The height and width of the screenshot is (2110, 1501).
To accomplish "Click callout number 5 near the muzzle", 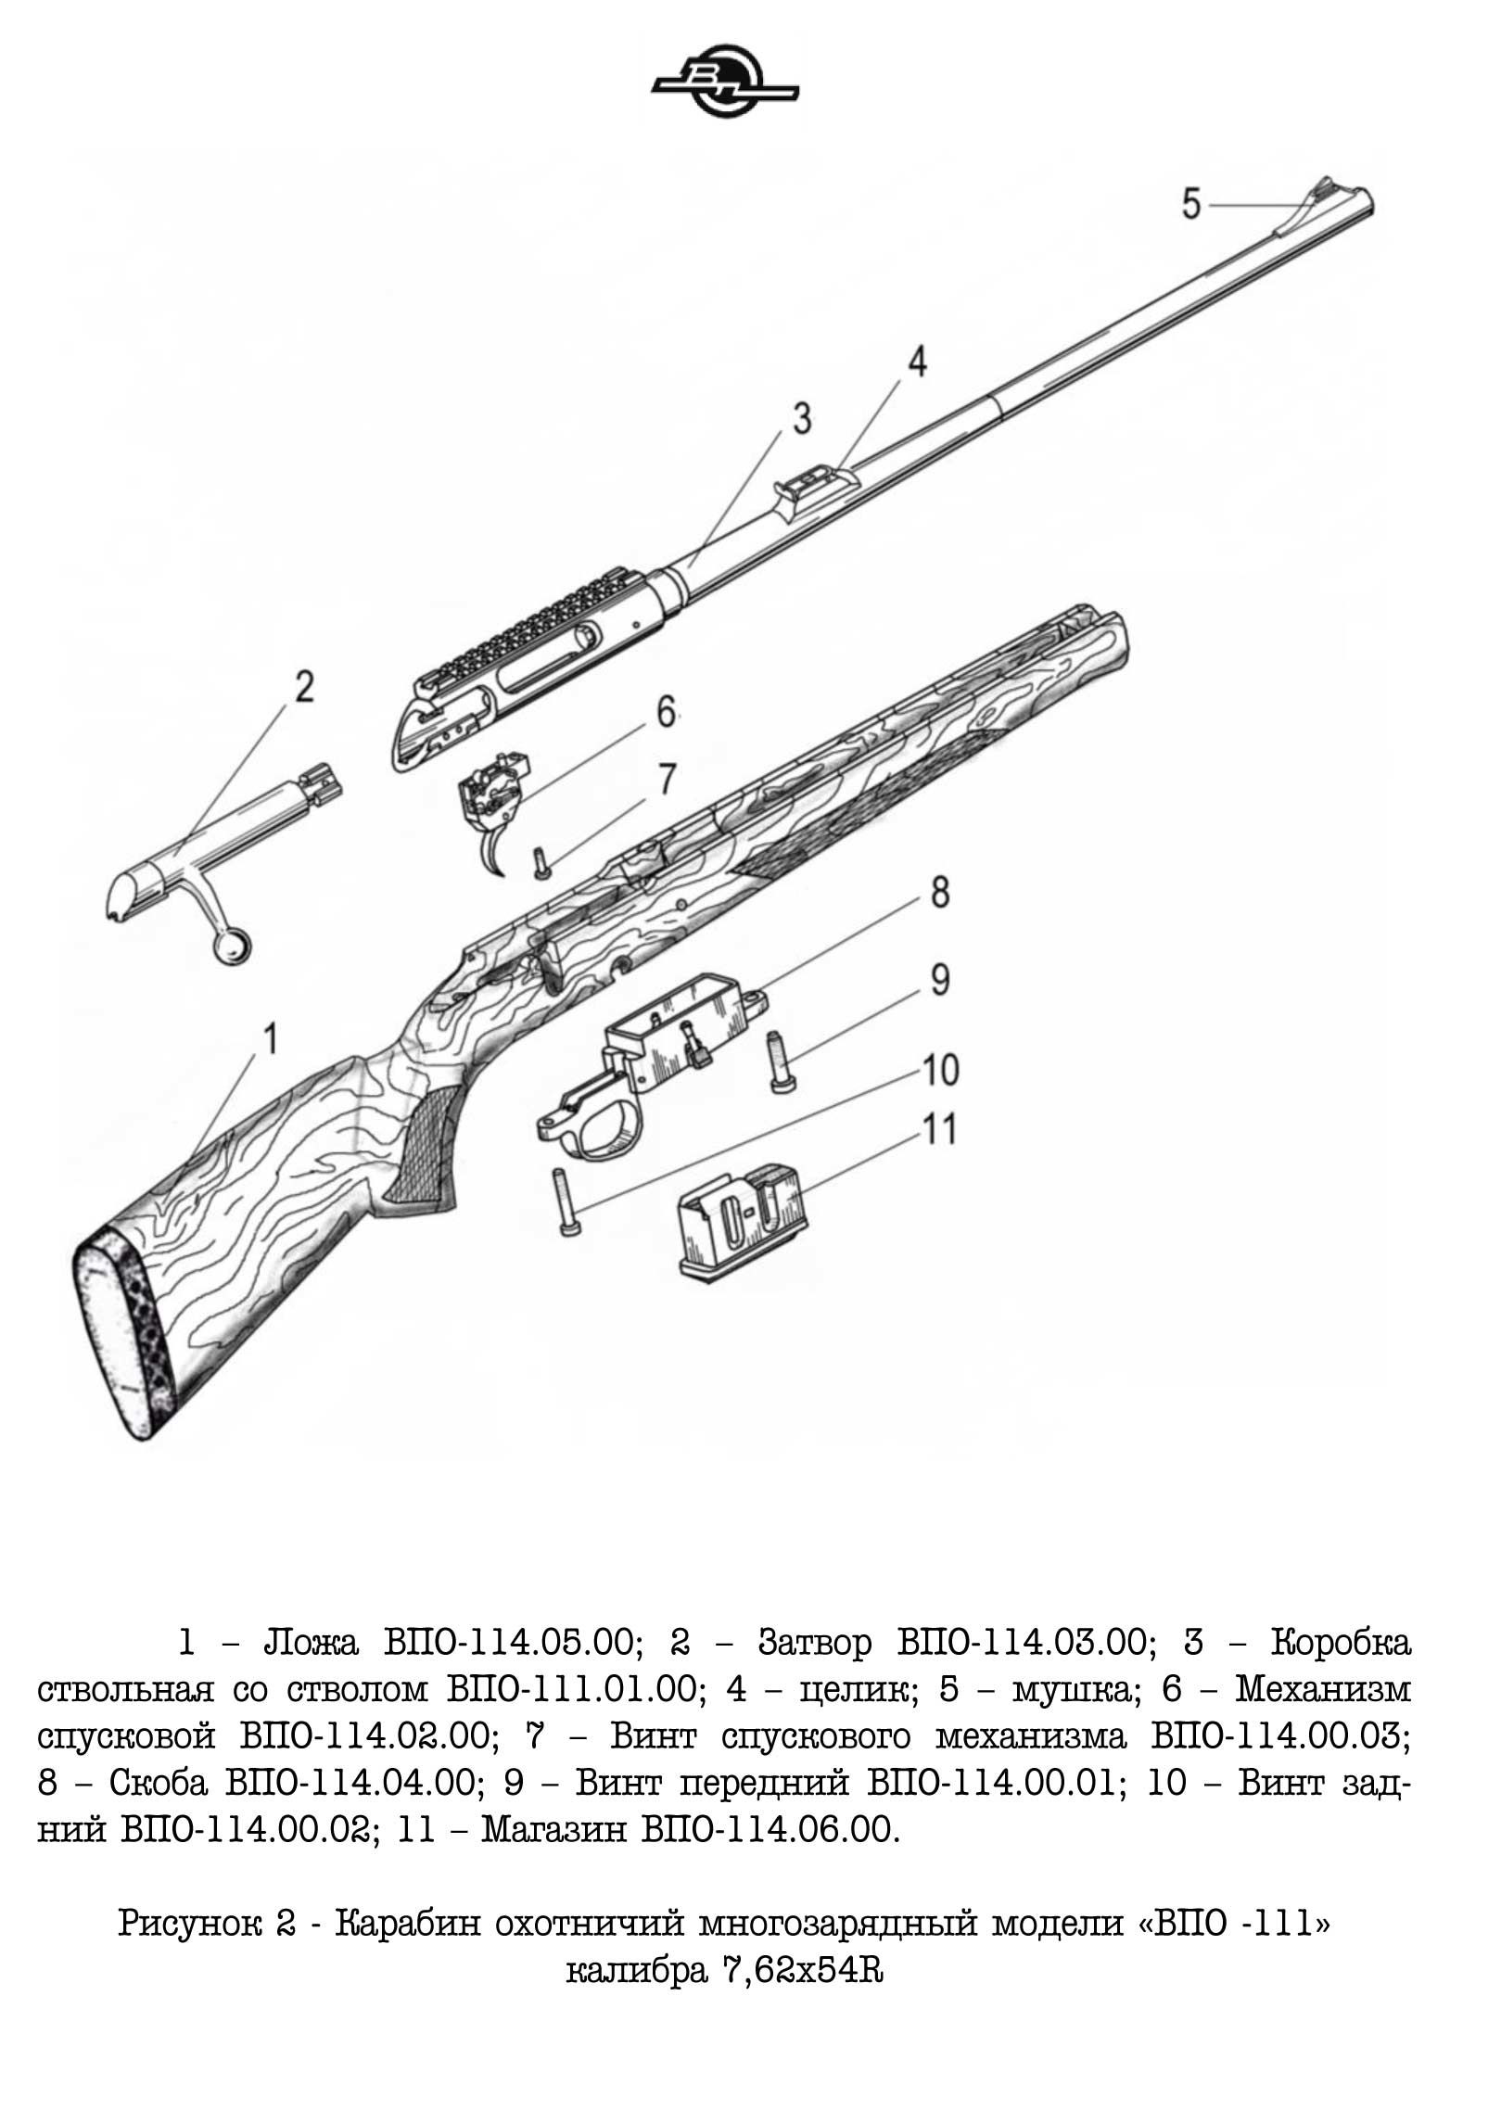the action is click(x=1191, y=203).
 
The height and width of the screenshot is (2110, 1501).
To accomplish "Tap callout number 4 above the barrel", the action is click(x=916, y=362).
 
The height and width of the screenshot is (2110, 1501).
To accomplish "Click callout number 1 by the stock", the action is click(x=270, y=1039).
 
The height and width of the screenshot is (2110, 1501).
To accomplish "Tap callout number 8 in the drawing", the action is click(x=939, y=893).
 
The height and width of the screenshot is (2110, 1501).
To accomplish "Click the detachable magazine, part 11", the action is click(x=738, y=1222).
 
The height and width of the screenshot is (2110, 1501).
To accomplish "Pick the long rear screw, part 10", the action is click(x=563, y=1200).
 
